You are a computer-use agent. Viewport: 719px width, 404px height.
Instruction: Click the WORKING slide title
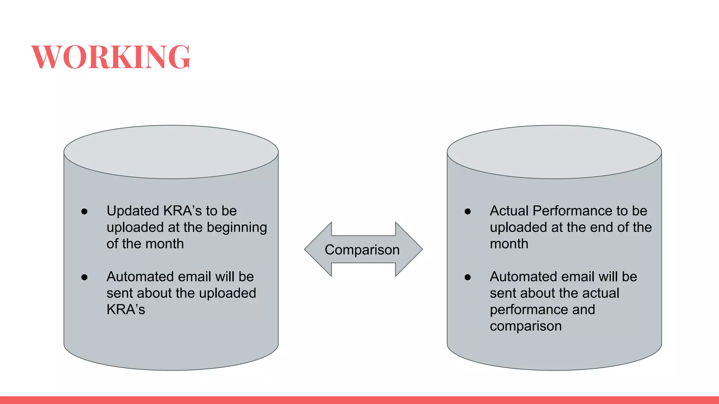click(x=111, y=57)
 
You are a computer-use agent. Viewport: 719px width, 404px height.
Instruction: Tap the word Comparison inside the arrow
click(x=362, y=250)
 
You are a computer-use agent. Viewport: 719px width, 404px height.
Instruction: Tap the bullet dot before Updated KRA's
click(x=84, y=211)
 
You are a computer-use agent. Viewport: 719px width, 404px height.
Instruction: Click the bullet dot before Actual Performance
click(x=467, y=211)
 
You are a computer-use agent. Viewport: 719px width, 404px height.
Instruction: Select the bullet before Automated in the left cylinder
click(x=84, y=277)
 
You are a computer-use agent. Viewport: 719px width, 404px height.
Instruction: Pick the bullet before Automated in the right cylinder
click(x=467, y=277)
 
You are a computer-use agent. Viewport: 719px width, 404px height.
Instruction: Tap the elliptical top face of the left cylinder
click(x=171, y=151)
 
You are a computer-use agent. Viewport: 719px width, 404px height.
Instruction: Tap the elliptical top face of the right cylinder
click(x=554, y=151)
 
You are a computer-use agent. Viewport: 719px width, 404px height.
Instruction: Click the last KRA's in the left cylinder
click(x=126, y=310)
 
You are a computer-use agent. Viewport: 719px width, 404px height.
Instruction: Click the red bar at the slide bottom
click(x=359, y=400)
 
